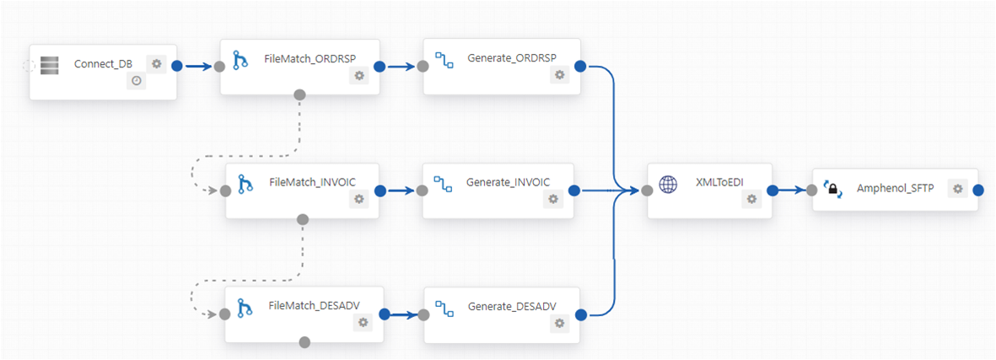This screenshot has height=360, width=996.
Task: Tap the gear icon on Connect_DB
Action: point(156,63)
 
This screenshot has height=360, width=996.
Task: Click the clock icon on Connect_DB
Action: point(136,81)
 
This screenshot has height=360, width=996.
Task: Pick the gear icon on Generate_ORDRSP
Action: point(559,75)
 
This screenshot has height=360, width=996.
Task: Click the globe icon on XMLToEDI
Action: point(668,185)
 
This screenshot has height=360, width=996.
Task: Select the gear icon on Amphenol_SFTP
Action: point(957,188)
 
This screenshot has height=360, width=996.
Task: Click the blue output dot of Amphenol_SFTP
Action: point(978,191)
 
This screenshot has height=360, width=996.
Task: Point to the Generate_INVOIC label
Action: point(508,182)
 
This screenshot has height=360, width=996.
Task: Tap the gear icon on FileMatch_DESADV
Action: point(363,322)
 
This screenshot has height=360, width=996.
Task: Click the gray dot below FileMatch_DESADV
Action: point(305,342)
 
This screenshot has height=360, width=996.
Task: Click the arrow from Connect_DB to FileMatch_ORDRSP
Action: point(197,65)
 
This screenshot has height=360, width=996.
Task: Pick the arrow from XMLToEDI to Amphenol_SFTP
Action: point(791,191)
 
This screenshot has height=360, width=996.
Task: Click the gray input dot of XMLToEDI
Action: point(647,191)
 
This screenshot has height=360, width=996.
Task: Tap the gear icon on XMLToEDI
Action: point(751,199)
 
